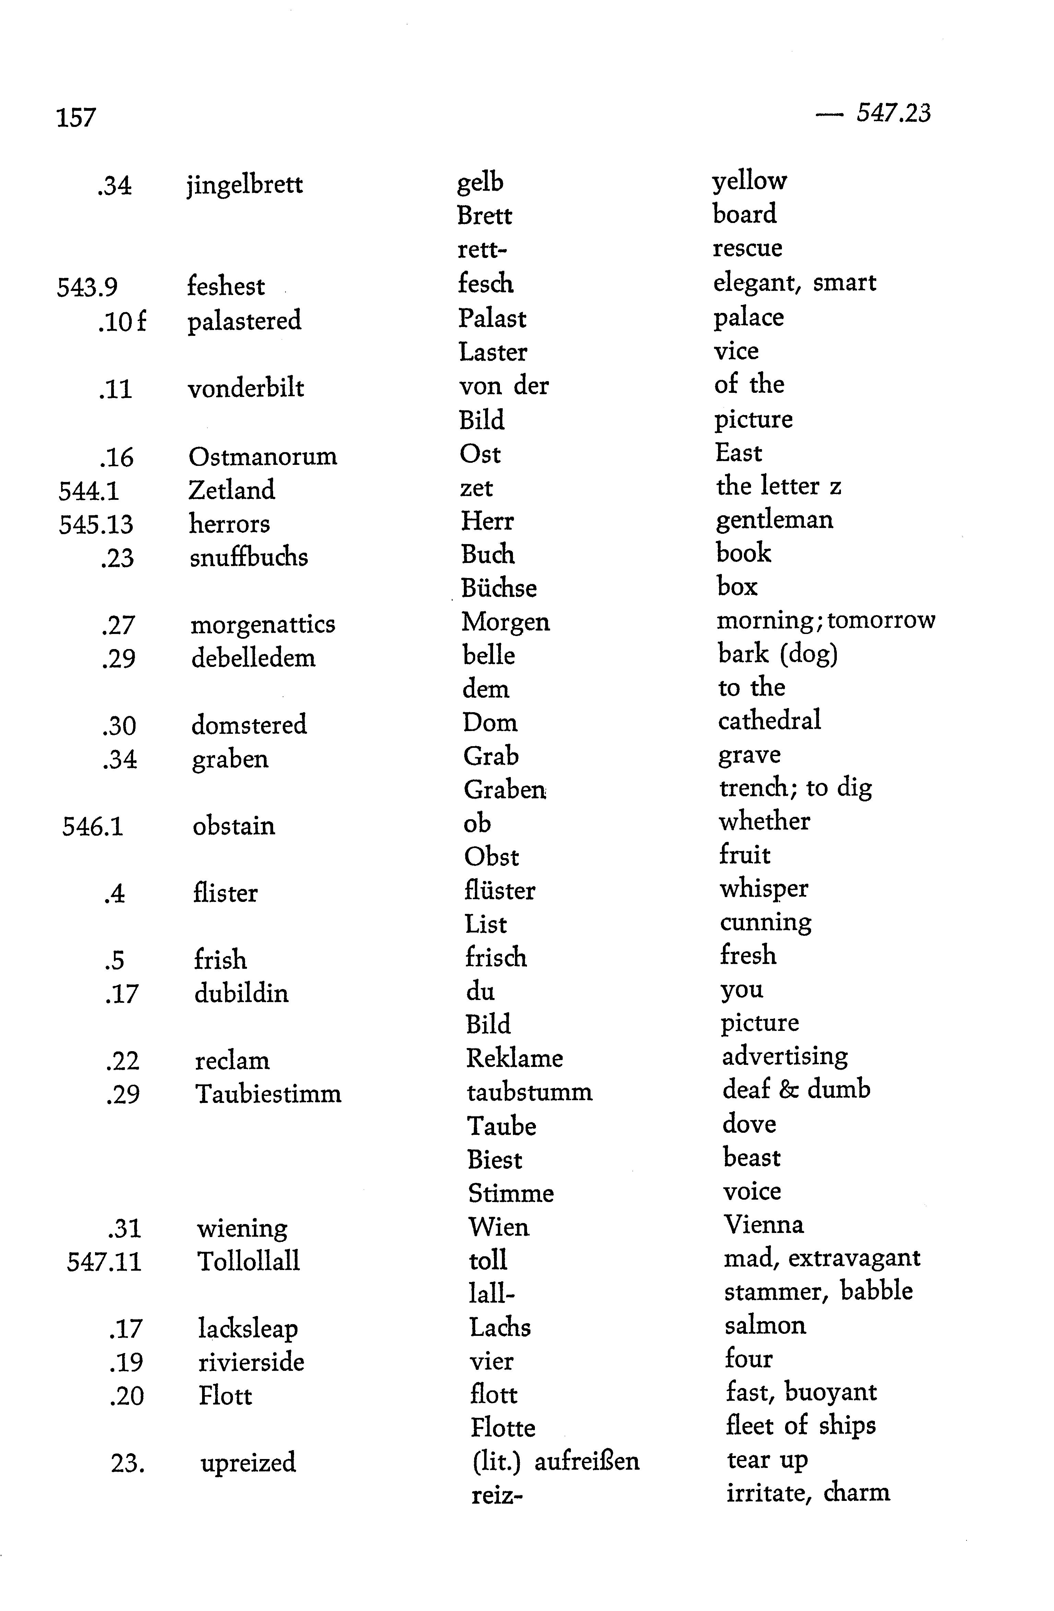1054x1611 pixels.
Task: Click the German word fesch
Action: pos(485,283)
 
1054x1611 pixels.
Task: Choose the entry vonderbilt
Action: pos(246,388)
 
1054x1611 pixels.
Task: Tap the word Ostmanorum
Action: pos(263,456)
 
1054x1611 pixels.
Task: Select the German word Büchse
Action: pos(499,588)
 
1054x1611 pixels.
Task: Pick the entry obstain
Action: pos(234,826)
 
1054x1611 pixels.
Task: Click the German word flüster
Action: pos(500,890)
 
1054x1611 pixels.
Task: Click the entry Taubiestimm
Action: pos(268,1094)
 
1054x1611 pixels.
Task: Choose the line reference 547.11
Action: pos(104,1262)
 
